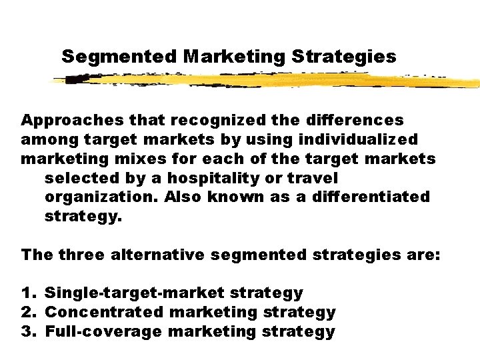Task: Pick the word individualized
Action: pyautogui.click(x=359, y=140)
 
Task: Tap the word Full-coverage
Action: pyautogui.click(x=103, y=331)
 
